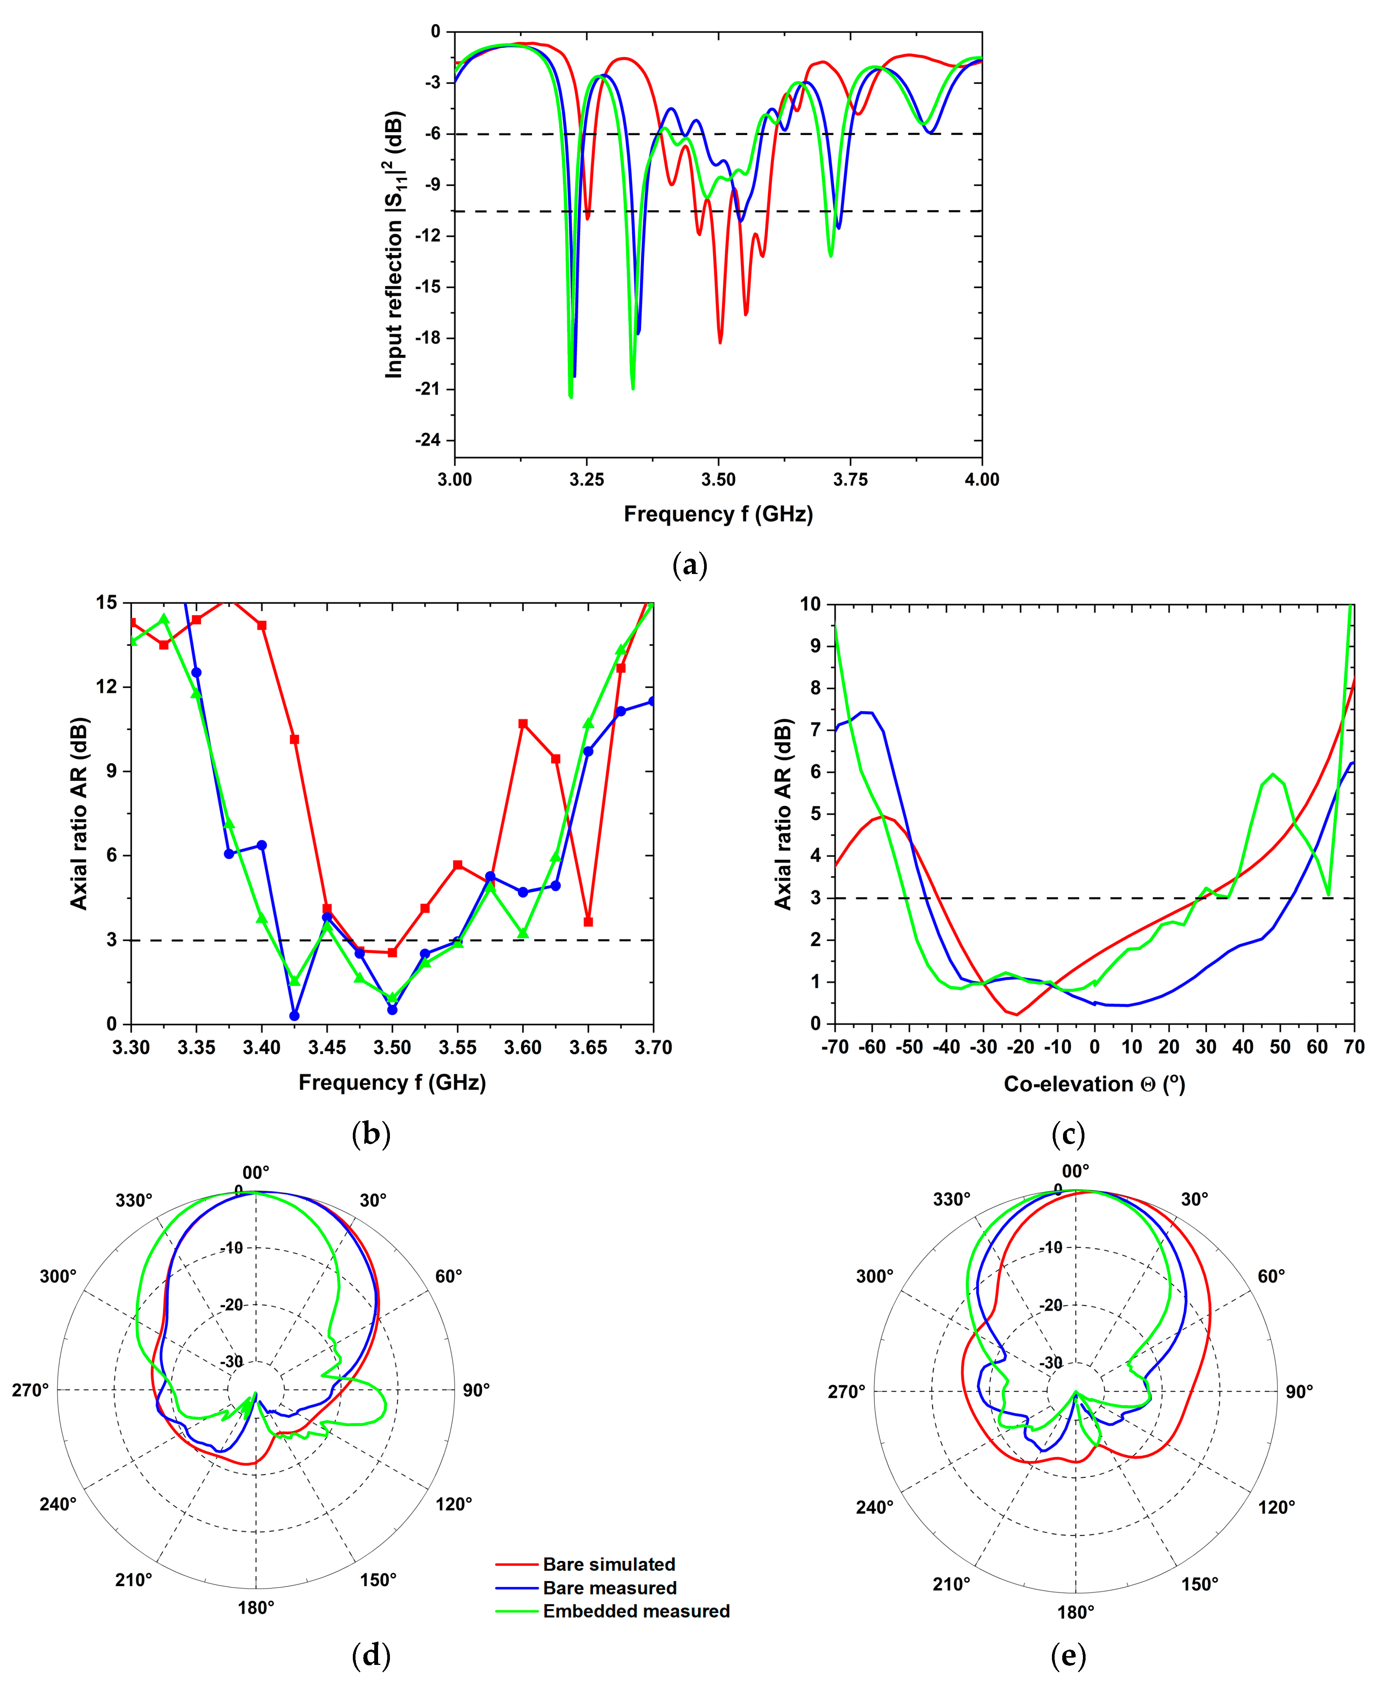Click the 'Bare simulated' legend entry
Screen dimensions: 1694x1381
[x=608, y=1564]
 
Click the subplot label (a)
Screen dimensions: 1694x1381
[x=690, y=566]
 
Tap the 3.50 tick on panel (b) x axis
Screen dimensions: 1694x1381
[x=392, y=1047]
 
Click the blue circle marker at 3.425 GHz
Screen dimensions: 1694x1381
[x=294, y=1016]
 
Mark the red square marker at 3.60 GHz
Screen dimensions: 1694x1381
[x=523, y=724]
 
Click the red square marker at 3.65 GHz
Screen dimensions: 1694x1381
[x=588, y=922]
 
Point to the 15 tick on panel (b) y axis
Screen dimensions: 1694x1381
[x=106, y=603]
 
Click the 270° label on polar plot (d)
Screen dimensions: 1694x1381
[x=30, y=1389]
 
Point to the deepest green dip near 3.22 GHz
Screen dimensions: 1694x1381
[x=571, y=396]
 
